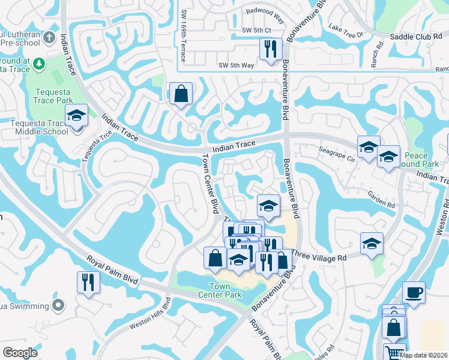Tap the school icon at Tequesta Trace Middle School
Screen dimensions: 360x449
click(76, 116)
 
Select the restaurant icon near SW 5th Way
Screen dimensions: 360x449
click(271, 49)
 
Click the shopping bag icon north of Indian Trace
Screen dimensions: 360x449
click(181, 94)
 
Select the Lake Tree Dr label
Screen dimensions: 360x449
click(347, 31)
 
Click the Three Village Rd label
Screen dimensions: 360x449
click(319, 254)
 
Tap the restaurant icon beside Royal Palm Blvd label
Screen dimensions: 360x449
click(88, 282)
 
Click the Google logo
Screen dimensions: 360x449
click(20, 353)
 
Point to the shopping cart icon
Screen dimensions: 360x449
click(394, 353)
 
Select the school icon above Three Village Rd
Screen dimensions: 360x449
click(372, 243)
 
